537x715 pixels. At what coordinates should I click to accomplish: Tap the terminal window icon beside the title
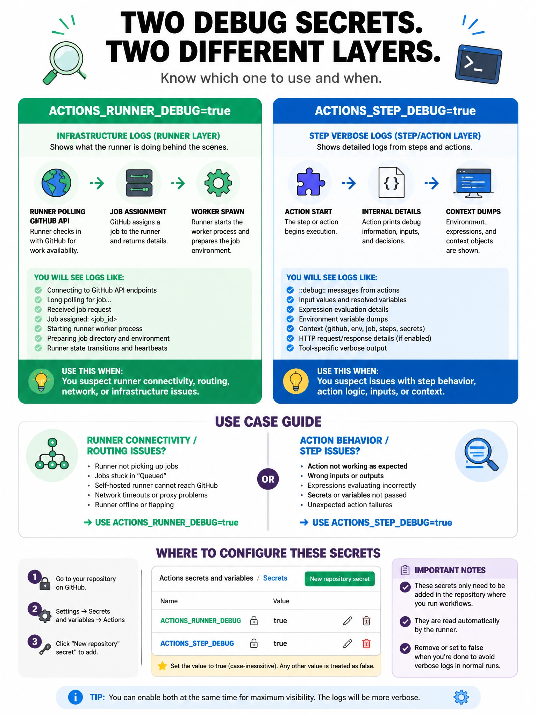pos(478,64)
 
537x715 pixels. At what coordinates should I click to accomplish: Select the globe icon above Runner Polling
pos(56,183)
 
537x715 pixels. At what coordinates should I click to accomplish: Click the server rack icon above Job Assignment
pos(139,183)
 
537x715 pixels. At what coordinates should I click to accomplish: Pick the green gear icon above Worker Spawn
pos(218,183)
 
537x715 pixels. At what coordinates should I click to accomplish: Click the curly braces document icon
pos(392,183)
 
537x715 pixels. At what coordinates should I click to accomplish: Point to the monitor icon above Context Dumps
pos(474,183)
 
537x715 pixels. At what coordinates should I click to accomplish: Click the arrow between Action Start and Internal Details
pos(349,183)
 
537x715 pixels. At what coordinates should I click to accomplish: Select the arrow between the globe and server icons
pos(97,183)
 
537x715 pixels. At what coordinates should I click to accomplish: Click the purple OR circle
pos(268,479)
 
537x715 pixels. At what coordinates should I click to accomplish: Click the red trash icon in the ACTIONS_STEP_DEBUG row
pos(366,643)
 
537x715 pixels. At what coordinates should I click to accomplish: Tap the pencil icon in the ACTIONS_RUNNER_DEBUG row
pos(348,621)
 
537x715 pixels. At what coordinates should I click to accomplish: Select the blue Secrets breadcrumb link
pos(275,578)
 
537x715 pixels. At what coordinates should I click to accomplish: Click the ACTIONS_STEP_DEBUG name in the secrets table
pos(197,643)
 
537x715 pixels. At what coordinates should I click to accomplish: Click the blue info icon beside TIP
pos(76,697)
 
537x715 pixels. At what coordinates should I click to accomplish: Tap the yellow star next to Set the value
pos(162,666)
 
